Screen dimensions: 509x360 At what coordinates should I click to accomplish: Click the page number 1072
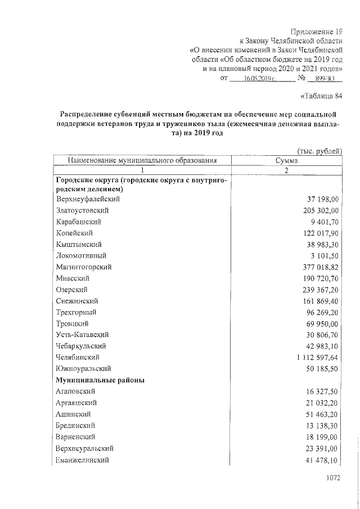click(333, 479)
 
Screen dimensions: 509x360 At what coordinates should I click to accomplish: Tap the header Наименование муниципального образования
click(142, 160)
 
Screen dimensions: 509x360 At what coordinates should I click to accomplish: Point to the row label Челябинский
click(78, 357)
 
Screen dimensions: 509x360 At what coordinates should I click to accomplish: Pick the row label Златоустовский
click(82, 210)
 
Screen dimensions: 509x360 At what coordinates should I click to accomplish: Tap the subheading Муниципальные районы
click(100, 380)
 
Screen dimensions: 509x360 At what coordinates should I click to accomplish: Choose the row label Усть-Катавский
click(81, 335)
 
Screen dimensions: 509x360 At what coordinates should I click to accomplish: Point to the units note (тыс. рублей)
click(319, 151)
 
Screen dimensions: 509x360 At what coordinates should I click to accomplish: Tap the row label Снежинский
click(78, 301)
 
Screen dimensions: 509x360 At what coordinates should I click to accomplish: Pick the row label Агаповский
click(75, 391)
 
